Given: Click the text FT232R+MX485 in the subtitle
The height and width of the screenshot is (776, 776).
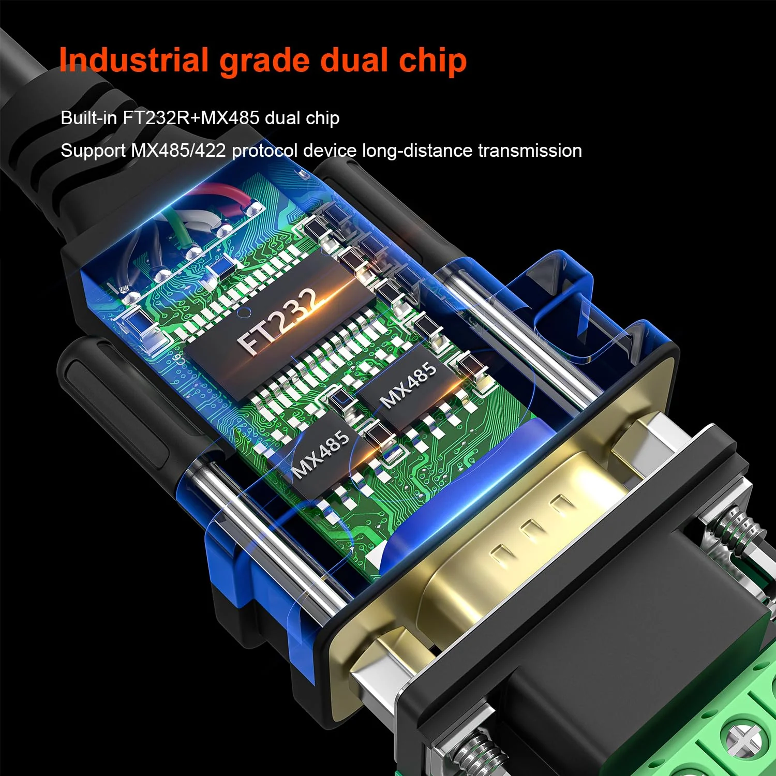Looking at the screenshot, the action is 191,118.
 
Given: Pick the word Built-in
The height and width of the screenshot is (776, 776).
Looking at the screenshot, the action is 89,118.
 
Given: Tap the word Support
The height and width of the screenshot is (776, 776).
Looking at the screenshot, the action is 93,151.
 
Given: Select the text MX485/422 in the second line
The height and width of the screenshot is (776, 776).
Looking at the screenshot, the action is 178,151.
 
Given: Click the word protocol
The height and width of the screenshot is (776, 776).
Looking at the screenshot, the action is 265,151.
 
